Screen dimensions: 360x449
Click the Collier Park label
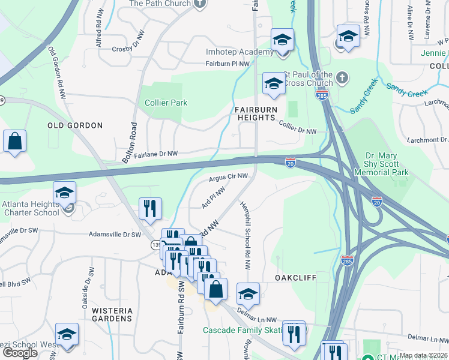tap(166, 103)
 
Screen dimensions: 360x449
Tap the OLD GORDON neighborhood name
tap(75, 125)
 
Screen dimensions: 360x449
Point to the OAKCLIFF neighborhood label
tap(295, 278)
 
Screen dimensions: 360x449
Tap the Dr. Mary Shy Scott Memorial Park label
tap(387, 163)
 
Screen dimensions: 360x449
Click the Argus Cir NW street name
tap(228, 176)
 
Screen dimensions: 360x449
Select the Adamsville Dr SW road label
tap(115, 235)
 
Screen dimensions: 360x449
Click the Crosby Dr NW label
tap(130, 49)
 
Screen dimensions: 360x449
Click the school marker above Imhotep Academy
tap(282, 40)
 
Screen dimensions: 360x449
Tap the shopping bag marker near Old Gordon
tap(15, 142)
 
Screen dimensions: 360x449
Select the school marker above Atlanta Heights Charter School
tap(64, 193)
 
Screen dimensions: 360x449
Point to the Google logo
tap(20, 353)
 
